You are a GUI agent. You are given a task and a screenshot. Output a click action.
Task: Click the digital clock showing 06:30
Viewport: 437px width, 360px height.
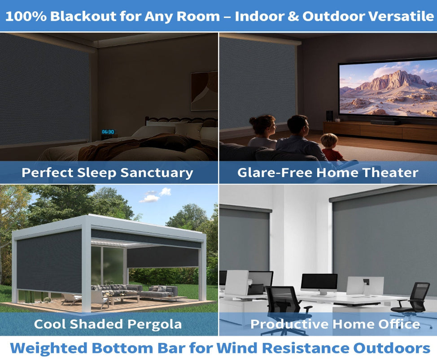pos(108,132)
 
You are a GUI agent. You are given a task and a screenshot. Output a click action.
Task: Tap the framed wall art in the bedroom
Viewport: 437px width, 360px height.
pos(204,91)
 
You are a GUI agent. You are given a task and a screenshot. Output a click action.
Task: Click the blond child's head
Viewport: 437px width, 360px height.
pos(329,141)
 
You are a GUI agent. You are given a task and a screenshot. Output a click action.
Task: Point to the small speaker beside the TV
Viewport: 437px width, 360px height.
pos(329,116)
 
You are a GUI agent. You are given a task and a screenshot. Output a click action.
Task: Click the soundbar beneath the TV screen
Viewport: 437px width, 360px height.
pos(385,122)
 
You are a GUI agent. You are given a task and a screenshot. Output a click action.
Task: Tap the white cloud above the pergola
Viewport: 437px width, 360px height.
pos(156,195)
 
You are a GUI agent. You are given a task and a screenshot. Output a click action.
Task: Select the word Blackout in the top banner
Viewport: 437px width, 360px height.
pos(79,16)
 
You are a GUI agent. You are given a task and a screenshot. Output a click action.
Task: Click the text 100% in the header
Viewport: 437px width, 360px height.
pos(26,16)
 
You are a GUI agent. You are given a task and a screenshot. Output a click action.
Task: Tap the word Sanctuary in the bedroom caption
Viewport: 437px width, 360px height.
pos(157,173)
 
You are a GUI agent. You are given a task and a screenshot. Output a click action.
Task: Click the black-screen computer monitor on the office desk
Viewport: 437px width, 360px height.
pos(319,282)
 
